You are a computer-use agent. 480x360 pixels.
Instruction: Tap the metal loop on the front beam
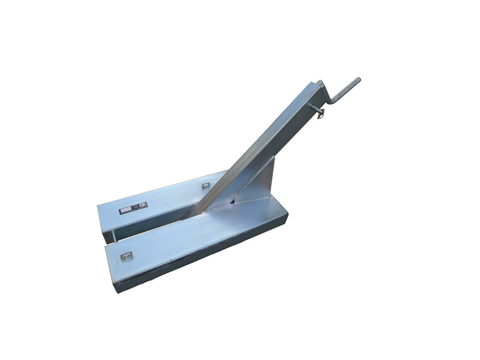(126, 256)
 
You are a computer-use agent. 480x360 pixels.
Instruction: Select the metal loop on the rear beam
(205, 186)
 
